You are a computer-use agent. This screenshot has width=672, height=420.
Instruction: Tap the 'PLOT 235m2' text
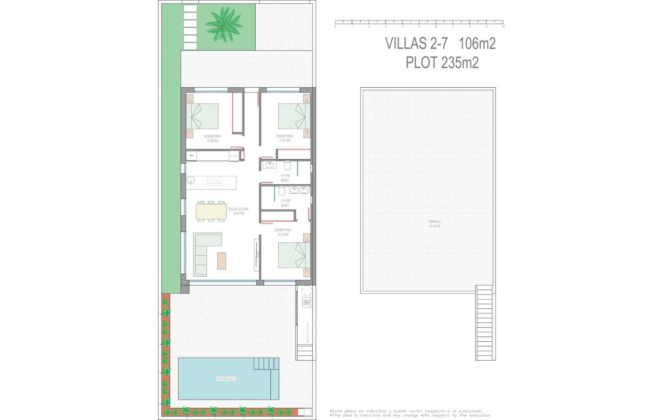pyautogui.click(x=442, y=63)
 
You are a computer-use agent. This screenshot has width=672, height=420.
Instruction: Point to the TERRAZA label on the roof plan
pyautogui.click(x=434, y=223)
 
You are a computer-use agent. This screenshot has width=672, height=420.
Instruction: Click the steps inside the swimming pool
pyautogui.click(x=266, y=364)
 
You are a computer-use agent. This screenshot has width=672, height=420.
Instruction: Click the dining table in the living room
pyautogui.click(x=211, y=211)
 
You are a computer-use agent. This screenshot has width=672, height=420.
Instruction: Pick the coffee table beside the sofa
pyautogui.click(x=222, y=260)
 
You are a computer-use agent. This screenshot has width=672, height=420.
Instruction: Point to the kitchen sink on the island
pyautogui.click(x=191, y=181)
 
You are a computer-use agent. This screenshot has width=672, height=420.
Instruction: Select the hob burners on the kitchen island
pyautogui.click(x=215, y=181)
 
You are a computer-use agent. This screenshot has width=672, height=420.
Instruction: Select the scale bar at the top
pyautogui.click(x=419, y=23)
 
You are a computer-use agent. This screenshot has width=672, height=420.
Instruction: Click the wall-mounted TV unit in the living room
pyautogui.click(x=256, y=255)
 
